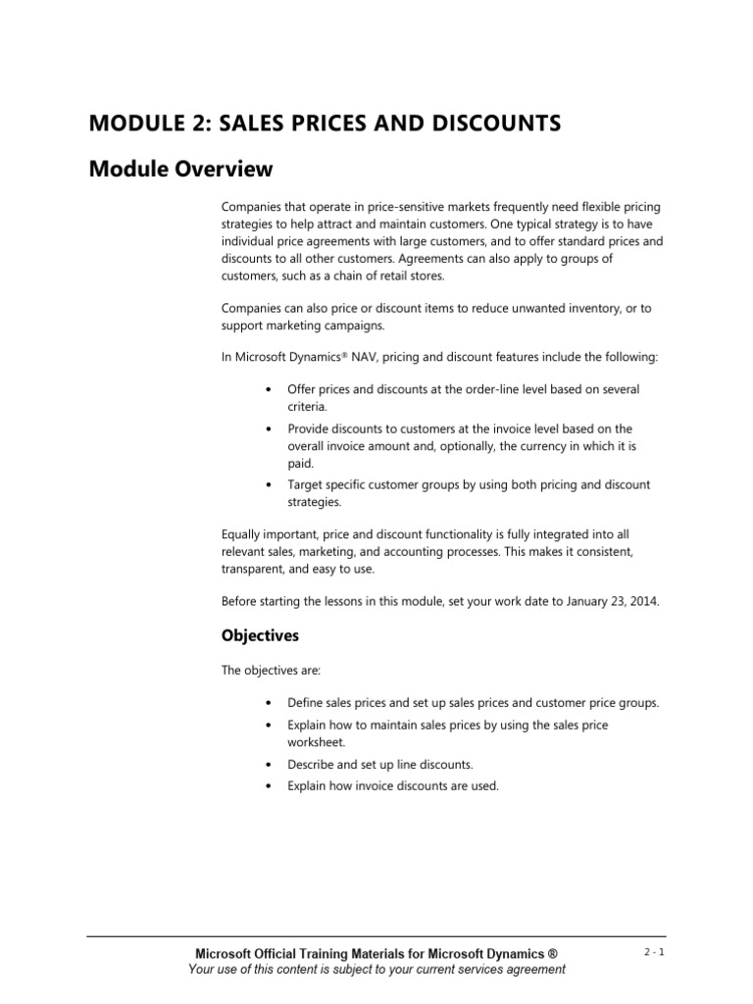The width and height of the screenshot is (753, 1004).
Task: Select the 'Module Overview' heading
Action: (180, 170)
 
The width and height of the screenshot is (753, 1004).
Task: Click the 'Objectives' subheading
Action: (260, 635)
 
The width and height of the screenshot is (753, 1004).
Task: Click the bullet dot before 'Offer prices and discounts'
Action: (269, 390)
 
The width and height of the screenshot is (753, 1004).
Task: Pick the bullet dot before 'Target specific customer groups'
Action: (269, 485)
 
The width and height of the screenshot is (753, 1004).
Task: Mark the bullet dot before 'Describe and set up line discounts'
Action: (269, 764)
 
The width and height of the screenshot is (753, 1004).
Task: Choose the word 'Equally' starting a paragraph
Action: (242, 534)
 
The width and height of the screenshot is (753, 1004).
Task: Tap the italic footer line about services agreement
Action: (376, 970)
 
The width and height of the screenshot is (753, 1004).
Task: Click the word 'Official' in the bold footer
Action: (285, 953)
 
